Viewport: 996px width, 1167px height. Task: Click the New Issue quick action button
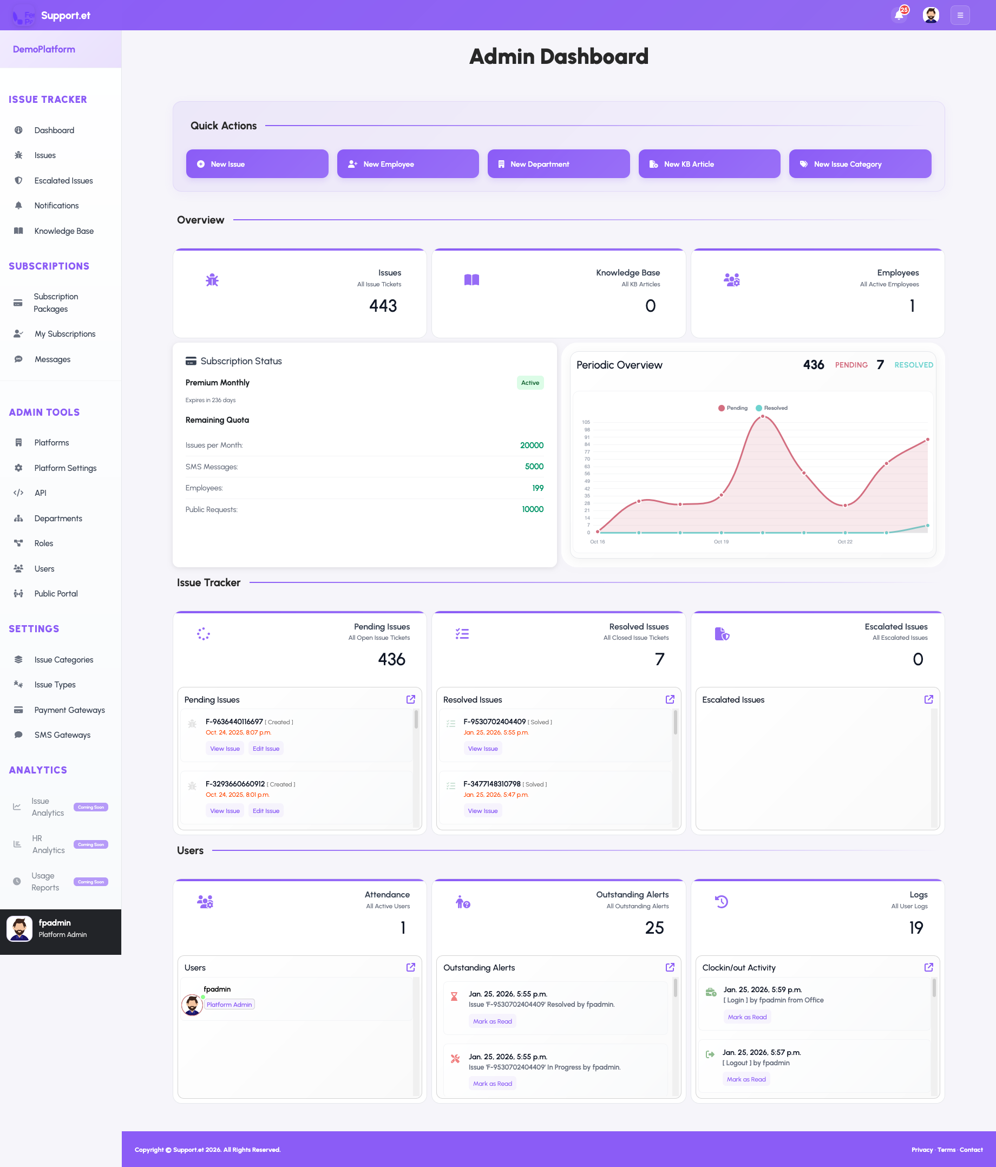(x=257, y=164)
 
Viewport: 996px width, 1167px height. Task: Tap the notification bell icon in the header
(x=899, y=15)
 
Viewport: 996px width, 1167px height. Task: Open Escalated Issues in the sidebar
(x=63, y=181)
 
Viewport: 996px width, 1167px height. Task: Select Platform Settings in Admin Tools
(x=65, y=468)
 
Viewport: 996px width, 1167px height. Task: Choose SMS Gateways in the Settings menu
(x=62, y=735)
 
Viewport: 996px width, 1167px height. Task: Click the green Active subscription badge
(x=529, y=383)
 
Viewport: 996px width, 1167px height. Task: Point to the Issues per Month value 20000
(x=531, y=445)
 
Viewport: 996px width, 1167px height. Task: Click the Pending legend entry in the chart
(x=733, y=408)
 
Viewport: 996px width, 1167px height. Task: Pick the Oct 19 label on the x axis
(x=721, y=542)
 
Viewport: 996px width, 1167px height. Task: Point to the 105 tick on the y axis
(x=586, y=422)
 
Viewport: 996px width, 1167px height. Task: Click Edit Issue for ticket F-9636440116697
(x=266, y=749)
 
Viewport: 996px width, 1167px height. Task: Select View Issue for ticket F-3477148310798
(x=483, y=811)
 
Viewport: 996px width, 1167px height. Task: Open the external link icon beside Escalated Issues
(x=928, y=699)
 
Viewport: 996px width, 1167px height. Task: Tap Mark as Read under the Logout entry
(x=746, y=1080)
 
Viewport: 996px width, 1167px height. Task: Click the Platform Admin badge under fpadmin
(x=230, y=1005)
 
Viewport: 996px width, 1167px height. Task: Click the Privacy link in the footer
(x=922, y=1150)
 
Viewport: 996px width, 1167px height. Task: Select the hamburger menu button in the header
(x=960, y=15)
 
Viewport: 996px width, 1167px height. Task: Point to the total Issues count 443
(x=383, y=306)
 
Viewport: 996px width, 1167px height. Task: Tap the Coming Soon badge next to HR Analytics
(x=91, y=845)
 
